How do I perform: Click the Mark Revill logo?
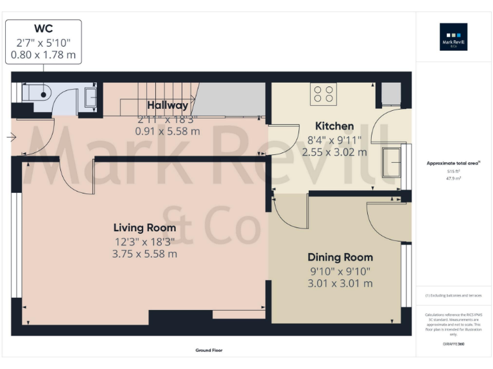[x=453, y=37]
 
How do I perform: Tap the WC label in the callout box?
[x=43, y=28]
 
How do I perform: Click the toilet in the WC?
[x=37, y=94]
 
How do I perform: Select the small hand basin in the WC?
[x=91, y=97]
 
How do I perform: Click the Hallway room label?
[x=168, y=105]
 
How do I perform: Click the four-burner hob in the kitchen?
[x=324, y=94]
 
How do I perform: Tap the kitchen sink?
[x=391, y=162]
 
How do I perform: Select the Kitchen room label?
[x=334, y=126]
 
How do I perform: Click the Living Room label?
[x=144, y=227]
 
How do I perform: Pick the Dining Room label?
[x=340, y=258]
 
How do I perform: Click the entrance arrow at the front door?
[x=12, y=136]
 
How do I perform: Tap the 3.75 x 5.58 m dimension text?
[x=144, y=254]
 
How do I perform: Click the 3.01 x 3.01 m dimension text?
[x=340, y=283]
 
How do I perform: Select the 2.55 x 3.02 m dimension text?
[x=334, y=152]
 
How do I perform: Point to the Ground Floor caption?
[x=209, y=350]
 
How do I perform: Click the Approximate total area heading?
[x=453, y=164]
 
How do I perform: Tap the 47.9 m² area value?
[x=454, y=179]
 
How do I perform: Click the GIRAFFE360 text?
[x=453, y=344]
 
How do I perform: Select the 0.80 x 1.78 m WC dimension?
[x=43, y=55]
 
